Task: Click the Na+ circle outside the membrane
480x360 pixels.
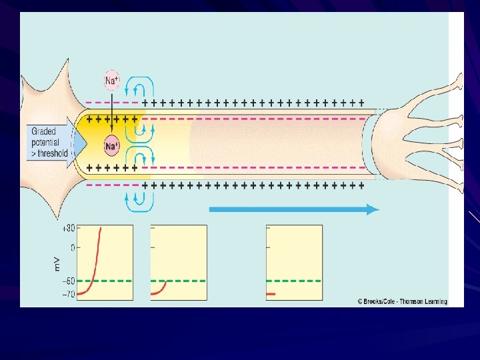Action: pyautogui.click(x=112, y=81)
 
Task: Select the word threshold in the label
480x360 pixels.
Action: pyautogui.click(x=53, y=153)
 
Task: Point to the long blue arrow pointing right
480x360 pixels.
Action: pyautogui.click(x=293, y=209)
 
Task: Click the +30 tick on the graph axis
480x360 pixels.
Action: pyautogui.click(x=67, y=228)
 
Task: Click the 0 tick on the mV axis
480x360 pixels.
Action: pyautogui.click(x=71, y=248)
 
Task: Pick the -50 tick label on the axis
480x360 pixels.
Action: pyautogui.click(x=67, y=281)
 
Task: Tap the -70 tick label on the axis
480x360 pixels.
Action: pyautogui.click(x=67, y=293)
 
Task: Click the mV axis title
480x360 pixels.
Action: pyautogui.click(x=57, y=264)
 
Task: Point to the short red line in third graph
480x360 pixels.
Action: pyautogui.click(x=271, y=294)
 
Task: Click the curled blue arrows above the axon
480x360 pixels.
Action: pyautogui.click(x=142, y=87)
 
